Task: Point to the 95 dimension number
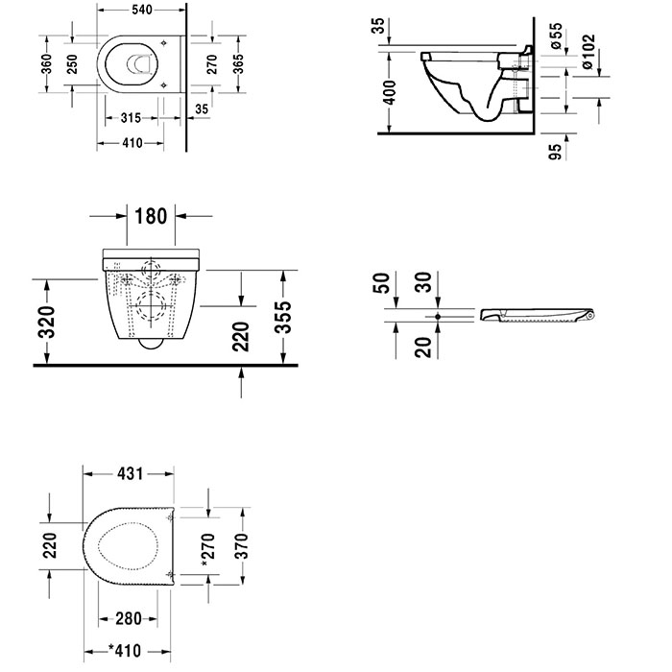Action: [x=555, y=152]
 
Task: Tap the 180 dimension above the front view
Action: [x=152, y=215]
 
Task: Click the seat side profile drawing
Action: [x=538, y=315]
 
